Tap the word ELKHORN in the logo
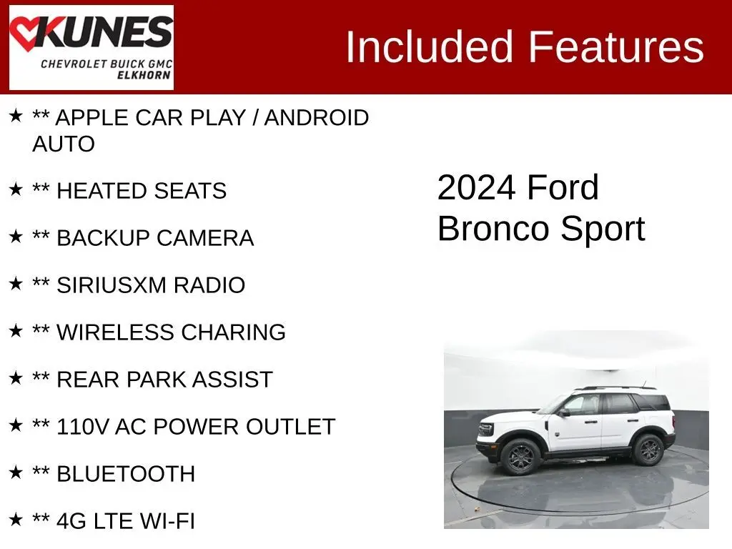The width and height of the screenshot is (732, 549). [x=144, y=75]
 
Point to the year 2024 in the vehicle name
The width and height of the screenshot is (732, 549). [x=476, y=188]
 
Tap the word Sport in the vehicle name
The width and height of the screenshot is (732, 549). [x=603, y=229]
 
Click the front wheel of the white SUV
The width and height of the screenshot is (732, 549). [x=520, y=457]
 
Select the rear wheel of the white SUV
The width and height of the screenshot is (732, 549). [x=648, y=450]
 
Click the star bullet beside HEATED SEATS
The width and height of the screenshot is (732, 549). [x=16, y=189]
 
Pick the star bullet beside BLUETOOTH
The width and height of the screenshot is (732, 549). [x=16, y=472]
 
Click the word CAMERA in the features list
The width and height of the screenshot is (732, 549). [x=205, y=238]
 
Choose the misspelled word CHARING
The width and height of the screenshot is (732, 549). [x=234, y=332]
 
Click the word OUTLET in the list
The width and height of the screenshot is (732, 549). [x=290, y=427]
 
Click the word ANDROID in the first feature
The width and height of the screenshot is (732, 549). [x=317, y=118]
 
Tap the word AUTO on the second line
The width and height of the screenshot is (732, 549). [x=64, y=144]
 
